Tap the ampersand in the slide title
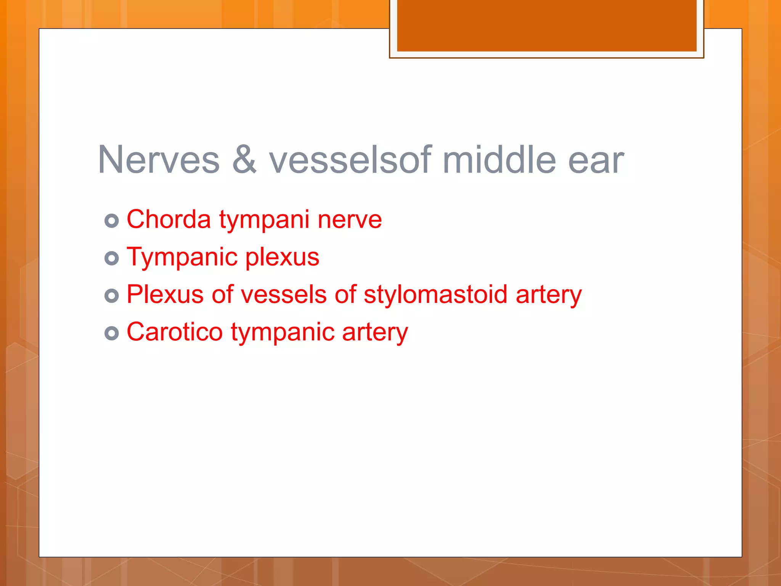244,160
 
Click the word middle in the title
500,160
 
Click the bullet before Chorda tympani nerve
112,221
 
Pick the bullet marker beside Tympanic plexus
112,258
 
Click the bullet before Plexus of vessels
112,296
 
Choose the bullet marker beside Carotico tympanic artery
112,333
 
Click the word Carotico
175,332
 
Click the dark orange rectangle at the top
546,25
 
